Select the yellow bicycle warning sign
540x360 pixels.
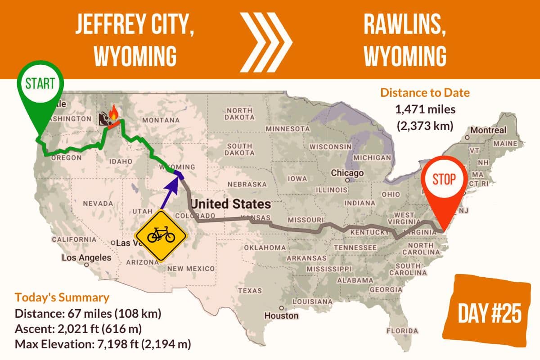pos(161,234)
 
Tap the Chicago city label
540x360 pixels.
pos(347,173)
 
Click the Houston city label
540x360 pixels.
pos(281,315)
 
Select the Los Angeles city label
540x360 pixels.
pos(86,258)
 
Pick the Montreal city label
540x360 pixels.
pos(489,130)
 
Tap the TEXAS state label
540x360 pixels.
pos(249,291)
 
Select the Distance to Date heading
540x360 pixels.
pos(425,93)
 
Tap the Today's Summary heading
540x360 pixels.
pos(62,297)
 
